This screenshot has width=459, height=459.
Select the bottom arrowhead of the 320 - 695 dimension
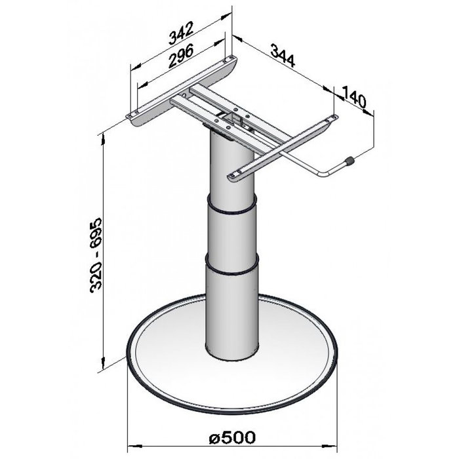pyautogui.click(x=105, y=367)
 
